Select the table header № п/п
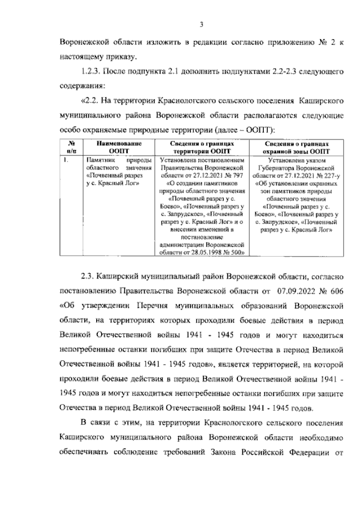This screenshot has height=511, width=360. (71, 147)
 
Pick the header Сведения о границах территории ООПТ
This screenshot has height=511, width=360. (202, 147)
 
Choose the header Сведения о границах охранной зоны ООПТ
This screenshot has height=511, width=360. (296, 147)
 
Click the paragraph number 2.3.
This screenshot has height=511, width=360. (90, 277)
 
